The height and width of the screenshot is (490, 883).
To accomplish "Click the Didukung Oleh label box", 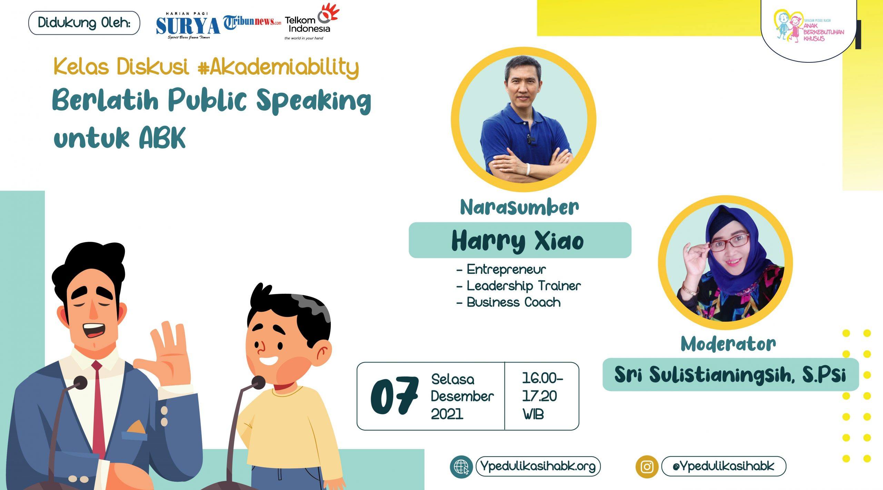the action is point(84,23).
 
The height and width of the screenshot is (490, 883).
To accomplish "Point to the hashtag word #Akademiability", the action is point(278,67).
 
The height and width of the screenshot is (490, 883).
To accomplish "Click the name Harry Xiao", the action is point(518,241).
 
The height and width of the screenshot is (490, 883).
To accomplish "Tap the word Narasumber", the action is point(519,207).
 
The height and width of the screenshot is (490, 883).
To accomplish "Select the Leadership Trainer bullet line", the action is point(518,286).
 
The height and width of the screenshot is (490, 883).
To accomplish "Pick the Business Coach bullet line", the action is point(508,302).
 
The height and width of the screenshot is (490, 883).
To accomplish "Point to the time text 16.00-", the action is point(542,379).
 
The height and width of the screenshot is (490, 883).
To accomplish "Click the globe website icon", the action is point(461,467).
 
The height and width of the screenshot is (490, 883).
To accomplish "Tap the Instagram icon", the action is point(647,467).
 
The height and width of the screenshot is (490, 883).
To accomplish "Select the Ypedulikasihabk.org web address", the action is point(538,466).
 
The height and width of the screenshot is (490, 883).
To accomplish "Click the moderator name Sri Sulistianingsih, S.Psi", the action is point(730,374).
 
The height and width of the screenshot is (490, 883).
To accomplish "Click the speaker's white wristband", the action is point(528,169).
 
